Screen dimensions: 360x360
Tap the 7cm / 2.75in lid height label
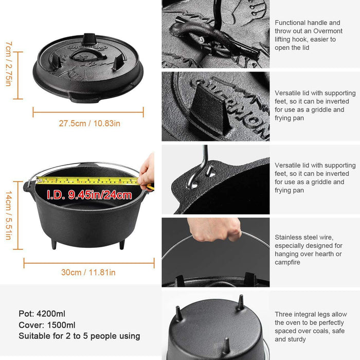[x=9, y=64]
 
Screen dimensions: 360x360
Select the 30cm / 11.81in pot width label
[x=88, y=273]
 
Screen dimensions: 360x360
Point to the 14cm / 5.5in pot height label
[x=9, y=213]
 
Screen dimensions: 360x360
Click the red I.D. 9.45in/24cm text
[x=89, y=195]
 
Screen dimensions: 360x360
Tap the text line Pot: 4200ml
[x=42, y=314]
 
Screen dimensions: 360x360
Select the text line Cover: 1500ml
[x=47, y=325]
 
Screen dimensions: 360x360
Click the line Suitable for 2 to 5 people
[x=79, y=336]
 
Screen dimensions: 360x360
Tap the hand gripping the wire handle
[x=215, y=230]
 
